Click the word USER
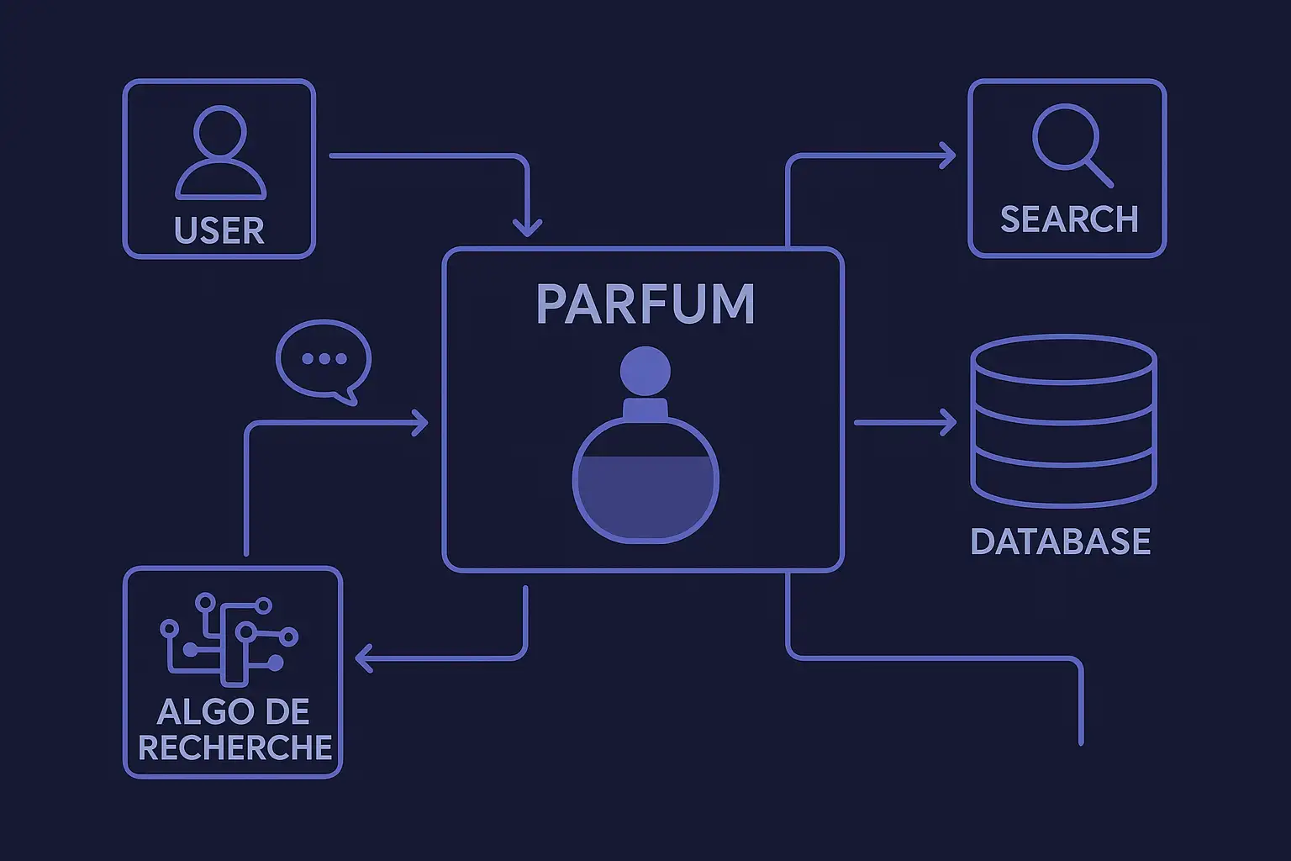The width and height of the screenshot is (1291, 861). click(x=219, y=230)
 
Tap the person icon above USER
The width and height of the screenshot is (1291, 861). click(x=220, y=152)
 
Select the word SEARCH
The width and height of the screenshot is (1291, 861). click(x=1069, y=219)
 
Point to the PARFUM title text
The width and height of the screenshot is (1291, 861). click(x=645, y=304)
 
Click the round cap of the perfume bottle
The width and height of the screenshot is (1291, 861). click(x=645, y=371)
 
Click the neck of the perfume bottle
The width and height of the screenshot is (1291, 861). click(x=645, y=410)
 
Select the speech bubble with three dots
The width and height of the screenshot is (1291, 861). click(x=324, y=360)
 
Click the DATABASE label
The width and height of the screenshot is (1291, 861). click(x=1061, y=541)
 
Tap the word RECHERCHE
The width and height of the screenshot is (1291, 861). click(x=235, y=747)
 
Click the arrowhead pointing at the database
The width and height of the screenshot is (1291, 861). click(x=950, y=422)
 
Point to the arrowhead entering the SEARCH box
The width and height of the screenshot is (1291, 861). click(x=950, y=156)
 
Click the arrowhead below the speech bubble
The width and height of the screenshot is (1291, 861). click(x=421, y=423)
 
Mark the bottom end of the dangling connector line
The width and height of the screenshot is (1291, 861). click(x=1081, y=742)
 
